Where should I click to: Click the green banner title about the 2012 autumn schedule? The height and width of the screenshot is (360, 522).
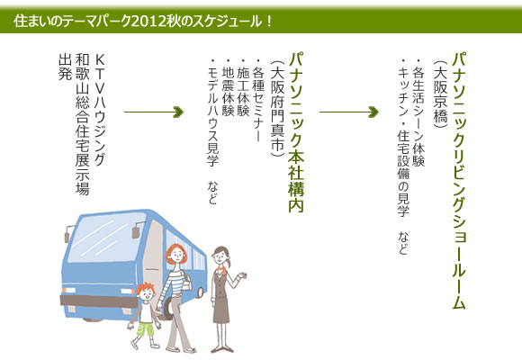(x=143, y=22)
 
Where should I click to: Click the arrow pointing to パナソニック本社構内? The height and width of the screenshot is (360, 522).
(x=154, y=112)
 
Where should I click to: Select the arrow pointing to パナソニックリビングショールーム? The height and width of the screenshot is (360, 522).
(x=349, y=112)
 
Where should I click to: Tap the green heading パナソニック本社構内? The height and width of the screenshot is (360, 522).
(x=296, y=132)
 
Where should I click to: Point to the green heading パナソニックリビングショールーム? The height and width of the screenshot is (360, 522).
(x=459, y=181)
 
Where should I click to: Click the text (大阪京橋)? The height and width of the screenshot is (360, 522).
(x=440, y=94)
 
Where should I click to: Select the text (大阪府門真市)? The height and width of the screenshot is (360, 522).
(x=277, y=109)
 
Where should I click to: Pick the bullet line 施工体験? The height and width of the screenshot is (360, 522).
(x=243, y=87)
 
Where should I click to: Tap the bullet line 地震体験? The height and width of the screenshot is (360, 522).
(x=228, y=87)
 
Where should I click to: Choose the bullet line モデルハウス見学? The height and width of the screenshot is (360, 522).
(x=212, y=112)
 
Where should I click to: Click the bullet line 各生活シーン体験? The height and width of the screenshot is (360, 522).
(x=418, y=112)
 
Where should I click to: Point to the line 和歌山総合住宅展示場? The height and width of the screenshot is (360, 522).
(x=82, y=124)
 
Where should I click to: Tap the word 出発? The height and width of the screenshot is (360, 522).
(x=65, y=67)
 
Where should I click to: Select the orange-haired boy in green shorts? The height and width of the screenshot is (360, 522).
(x=145, y=316)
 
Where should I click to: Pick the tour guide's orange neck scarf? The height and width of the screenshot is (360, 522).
(x=222, y=269)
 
